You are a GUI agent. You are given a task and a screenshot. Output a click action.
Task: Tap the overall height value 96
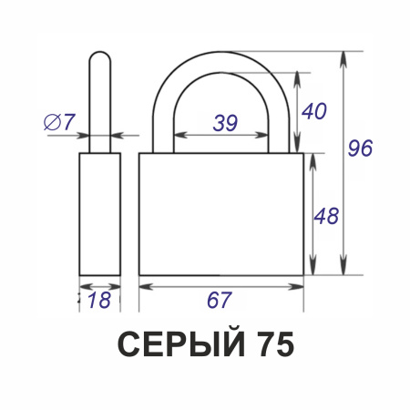click(x=361, y=149)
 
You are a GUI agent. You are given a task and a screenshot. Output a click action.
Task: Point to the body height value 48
click(x=325, y=216)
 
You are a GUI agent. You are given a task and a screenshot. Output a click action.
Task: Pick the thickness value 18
click(x=99, y=300)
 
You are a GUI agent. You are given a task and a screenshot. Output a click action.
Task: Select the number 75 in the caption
click(x=270, y=345)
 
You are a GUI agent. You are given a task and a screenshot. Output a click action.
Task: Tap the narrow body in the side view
click(x=100, y=214)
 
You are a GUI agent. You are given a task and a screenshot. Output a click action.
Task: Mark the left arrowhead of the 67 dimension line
click(x=144, y=285)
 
